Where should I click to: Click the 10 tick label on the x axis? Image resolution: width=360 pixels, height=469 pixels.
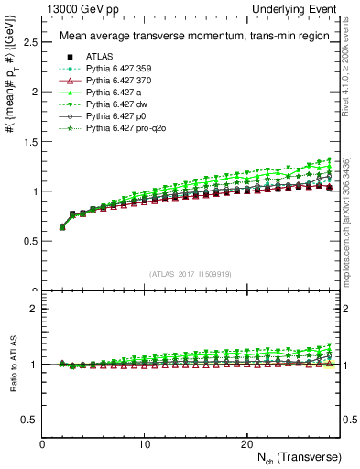coord(144,444)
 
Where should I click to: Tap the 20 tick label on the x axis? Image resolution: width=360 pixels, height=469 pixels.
coord(245,444)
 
